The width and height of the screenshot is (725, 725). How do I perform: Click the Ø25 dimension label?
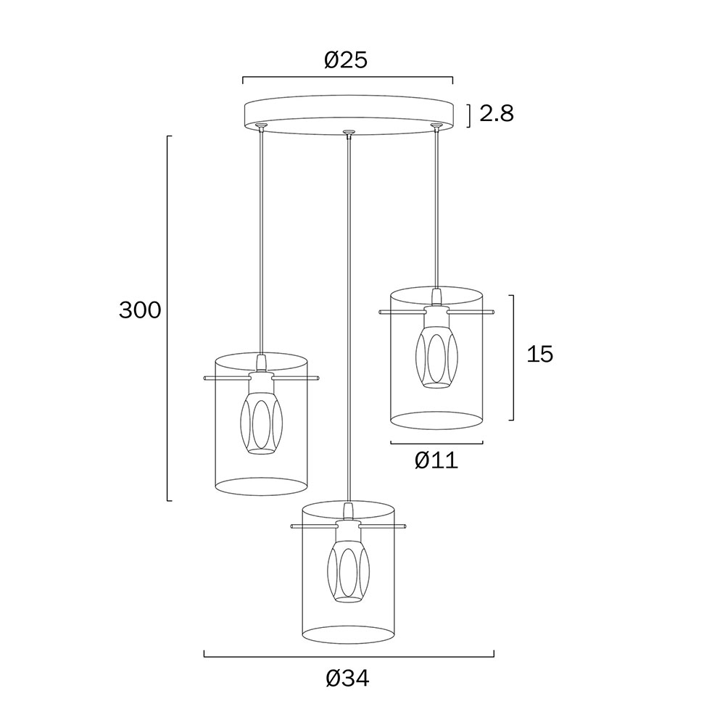346,59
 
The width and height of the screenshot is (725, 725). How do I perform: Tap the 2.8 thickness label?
497,113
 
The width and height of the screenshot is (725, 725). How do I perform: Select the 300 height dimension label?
140,310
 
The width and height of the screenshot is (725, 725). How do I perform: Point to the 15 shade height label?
540,355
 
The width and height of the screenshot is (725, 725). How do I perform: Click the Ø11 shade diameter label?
436,460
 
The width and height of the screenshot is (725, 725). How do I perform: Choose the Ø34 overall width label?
348,679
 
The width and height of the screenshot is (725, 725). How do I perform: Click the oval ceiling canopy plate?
348,115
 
